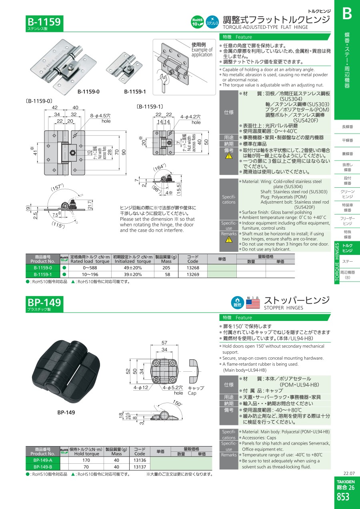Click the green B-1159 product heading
(x=44, y=22)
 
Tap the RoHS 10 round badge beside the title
(x=197, y=22)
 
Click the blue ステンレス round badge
(x=212, y=22)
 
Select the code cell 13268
(x=193, y=268)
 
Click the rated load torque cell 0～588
(x=90, y=268)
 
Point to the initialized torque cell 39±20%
(x=133, y=275)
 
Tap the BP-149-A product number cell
(x=43, y=460)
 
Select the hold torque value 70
(x=86, y=467)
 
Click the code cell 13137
(x=140, y=467)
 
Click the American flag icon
(x=253, y=304)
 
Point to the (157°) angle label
(x=57, y=187)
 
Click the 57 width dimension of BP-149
(x=164, y=343)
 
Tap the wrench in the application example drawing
(x=164, y=83)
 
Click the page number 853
(x=343, y=497)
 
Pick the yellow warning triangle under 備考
(x=229, y=156)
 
